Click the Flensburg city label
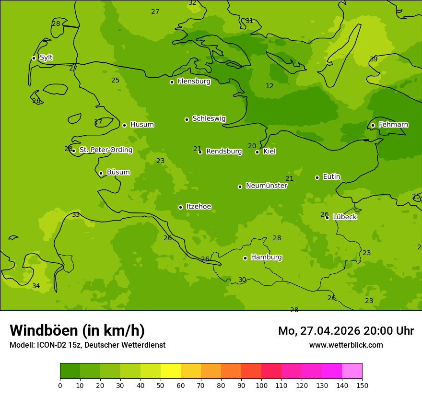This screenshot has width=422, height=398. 194,82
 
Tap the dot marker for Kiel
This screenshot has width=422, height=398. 257,152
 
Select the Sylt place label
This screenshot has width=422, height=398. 46,58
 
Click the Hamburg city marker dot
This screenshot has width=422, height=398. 245,258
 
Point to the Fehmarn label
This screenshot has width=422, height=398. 393,125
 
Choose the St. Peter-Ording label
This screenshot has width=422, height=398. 105,150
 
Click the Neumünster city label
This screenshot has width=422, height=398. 266,186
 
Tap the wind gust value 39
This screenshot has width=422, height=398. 374,59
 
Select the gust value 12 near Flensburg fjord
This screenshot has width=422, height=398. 270,86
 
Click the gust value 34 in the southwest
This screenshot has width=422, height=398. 36,286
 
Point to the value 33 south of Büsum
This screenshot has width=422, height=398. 76,214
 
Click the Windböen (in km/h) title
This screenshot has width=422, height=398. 77,330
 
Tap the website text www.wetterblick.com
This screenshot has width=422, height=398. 346,345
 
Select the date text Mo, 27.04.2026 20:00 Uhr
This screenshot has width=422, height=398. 346,331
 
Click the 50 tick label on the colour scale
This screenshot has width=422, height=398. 161,385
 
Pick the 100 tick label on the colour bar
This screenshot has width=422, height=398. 261,385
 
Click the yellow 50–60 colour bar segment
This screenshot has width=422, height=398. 171,371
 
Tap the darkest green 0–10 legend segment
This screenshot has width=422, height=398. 70,371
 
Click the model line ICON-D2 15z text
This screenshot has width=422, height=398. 87,345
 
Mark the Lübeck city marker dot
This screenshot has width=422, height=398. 327,218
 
